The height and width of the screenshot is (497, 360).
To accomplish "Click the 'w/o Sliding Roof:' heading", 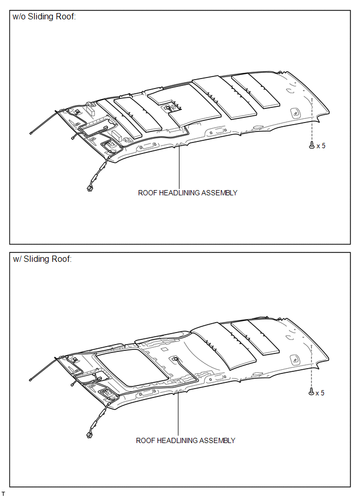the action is pyautogui.click(x=44, y=16).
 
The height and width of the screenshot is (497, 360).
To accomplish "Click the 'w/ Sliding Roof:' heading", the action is pyautogui.click(x=42, y=259).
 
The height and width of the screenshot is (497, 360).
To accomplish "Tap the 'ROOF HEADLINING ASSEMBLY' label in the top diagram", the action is pyautogui.click(x=187, y=193).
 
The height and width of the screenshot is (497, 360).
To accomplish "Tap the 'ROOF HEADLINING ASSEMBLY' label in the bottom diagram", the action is pyautogui.click(x=186, y=440).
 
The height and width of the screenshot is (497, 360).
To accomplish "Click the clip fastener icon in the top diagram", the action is pyautogui.click(x=311, y=145).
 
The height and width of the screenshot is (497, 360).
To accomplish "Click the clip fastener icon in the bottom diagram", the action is pyautogui.click(x=311, y=392).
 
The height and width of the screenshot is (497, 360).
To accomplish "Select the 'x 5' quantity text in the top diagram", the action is pyautogui.click(x=321, y=146).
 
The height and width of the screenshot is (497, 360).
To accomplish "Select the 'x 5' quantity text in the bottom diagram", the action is pyautogui.click(x=320, y=393).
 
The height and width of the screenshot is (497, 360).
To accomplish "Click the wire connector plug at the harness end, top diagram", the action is pyautogui.click(x=89, y=189).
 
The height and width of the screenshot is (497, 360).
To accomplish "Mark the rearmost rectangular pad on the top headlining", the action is pyautogui.click(x=256, y=90).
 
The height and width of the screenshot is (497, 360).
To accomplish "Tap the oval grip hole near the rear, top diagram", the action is pyautogui.click(x=295, y=112).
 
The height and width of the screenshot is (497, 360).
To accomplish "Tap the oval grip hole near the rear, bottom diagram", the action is pyautogui.click(x=295, y=359).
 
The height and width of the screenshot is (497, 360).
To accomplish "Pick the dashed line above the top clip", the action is pyautogui.click(x=312, y=120).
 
